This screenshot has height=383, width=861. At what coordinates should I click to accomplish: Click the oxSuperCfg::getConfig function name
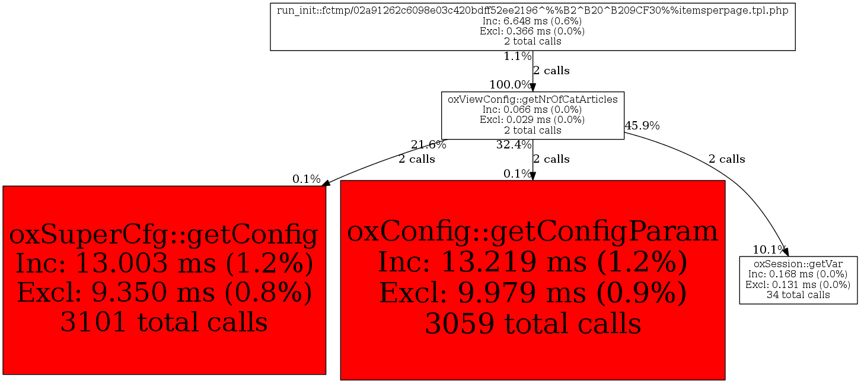164,235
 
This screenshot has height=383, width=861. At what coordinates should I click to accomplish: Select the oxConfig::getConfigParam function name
532,232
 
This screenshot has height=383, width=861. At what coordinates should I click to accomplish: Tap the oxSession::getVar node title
798,264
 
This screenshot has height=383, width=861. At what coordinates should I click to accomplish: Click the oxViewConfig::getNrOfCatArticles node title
532,99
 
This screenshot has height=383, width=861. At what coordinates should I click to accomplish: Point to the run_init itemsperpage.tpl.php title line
532,11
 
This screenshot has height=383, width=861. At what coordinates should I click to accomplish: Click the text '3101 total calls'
164,322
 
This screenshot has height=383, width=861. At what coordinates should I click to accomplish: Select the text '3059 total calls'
532,324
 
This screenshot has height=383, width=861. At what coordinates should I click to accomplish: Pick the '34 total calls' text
798,295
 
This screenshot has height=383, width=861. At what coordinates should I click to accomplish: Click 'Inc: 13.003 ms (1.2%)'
164,263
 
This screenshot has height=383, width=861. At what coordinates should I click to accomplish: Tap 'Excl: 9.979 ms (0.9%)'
532,293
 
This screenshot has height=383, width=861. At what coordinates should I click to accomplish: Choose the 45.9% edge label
642,125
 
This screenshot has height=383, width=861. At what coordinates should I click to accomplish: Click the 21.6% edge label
428,145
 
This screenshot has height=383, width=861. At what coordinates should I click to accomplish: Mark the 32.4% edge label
514,145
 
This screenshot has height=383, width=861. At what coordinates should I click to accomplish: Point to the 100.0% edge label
510,84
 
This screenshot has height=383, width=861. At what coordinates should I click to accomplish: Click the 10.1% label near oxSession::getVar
767,250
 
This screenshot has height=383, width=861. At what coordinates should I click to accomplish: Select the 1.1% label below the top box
517,56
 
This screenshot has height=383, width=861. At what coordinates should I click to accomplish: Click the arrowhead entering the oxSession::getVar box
786,252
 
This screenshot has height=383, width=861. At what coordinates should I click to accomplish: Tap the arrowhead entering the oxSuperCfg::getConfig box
326,183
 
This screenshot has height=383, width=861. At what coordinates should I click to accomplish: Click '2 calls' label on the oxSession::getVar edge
726,159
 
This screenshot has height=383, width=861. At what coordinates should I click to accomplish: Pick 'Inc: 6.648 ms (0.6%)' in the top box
532,21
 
